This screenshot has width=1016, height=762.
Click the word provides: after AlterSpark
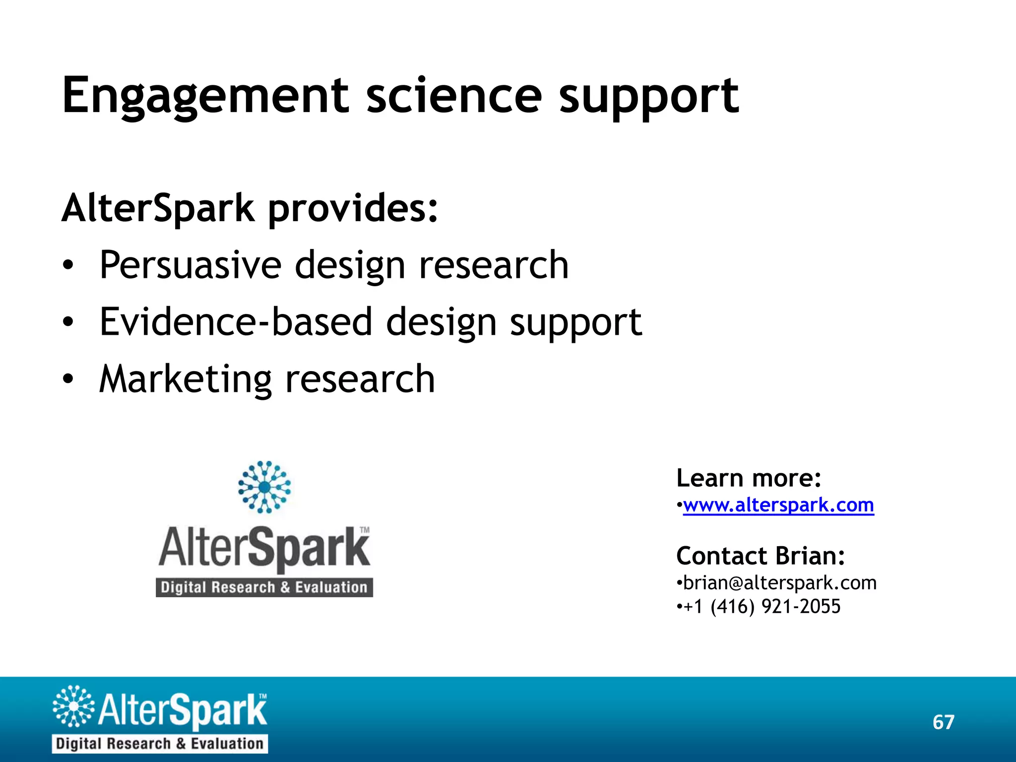click(x=353, y=208)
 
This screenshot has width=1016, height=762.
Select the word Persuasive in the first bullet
click(x=190, y=265)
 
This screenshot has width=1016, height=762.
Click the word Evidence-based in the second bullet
click(x=236, y=322)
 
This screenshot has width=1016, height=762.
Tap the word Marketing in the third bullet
click(x=185, y=380)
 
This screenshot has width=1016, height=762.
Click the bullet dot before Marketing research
click(x=68, y=380)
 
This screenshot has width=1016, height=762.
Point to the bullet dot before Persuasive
click(x=68, y=266)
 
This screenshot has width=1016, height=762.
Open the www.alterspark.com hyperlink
click(x=778, y=505)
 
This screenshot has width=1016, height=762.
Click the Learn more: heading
click(x=749, y=478)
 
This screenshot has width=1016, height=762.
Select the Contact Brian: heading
click(x=761, y=556)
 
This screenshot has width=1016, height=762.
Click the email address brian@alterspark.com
click(x=779, y=583)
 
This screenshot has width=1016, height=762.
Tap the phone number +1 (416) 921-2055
click(x=762, y=606)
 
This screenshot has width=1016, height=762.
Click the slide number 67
click(x=943, y=722)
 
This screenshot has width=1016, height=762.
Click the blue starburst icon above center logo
click(x=264, y=487)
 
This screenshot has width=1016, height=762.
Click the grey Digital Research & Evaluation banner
click(x=264, y=587)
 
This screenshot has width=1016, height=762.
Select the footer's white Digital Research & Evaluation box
click(x=159, y=744)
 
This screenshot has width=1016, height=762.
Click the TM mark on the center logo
click(x=365, y=530)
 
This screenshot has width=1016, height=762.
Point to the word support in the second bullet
click(x=576, y=323)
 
